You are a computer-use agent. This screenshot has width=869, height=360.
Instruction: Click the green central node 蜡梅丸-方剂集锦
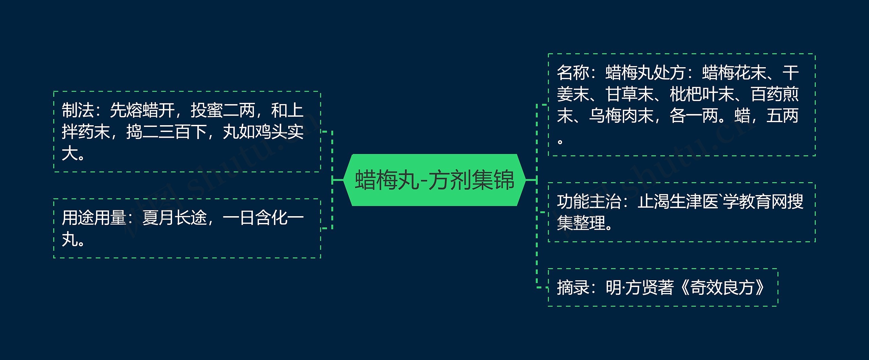[x=434, y=180]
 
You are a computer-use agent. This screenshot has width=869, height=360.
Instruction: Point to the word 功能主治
[x=589, y=202]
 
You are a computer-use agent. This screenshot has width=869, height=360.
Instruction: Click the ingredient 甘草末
[x=629, y=94]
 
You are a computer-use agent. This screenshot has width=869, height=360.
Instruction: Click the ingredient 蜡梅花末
[x=734, y=73]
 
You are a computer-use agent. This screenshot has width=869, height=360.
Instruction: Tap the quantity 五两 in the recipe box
[x=782, y=116]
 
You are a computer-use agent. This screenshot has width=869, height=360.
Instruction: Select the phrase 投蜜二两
[x=223, y=110]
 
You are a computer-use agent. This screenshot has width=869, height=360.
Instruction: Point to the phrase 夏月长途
[x=174, y=218]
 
